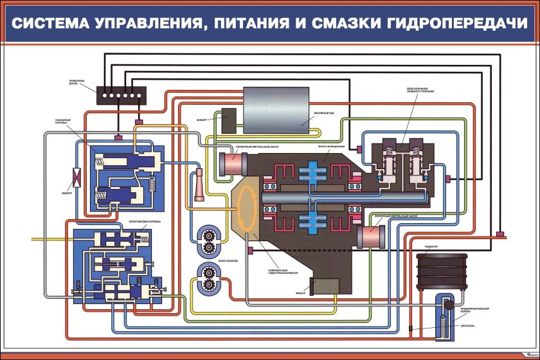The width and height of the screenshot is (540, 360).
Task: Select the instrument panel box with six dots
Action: click(x=122, y=95)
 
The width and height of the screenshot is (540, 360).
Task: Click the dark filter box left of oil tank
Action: click(x=228, y=120)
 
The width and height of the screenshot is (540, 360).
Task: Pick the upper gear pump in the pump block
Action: click(x=210, y=239)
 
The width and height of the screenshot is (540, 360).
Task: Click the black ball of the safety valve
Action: click(x=449, y=305)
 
